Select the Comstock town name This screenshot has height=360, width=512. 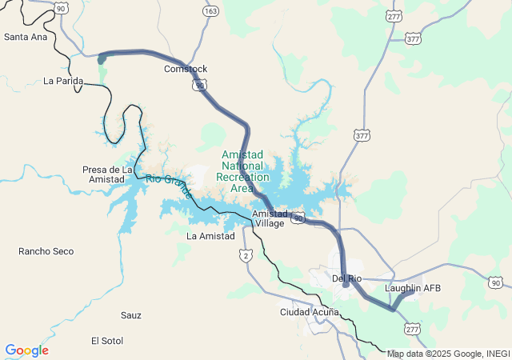click(186, 69)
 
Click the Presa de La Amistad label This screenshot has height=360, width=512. click(107, 174)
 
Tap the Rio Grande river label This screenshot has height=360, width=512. click(169, 186)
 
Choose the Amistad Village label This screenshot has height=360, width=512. click(269, 218)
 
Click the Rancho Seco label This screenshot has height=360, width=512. click(46, 251)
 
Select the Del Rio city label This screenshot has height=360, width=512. click(347, 278)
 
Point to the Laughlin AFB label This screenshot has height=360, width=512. click(413, 288)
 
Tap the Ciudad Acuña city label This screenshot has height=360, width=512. click(308, 311)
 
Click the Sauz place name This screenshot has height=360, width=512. click(131, 315)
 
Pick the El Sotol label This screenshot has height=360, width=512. click(107, 341)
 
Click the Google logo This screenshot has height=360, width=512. click(26, 350)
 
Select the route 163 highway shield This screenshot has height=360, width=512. click(210, 11)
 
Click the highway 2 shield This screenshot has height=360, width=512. click(246, 254)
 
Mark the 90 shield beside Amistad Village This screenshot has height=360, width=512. click(298, 218)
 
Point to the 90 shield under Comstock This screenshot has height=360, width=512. click(199, 83)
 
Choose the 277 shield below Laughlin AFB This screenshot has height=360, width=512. click(413, 329)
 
